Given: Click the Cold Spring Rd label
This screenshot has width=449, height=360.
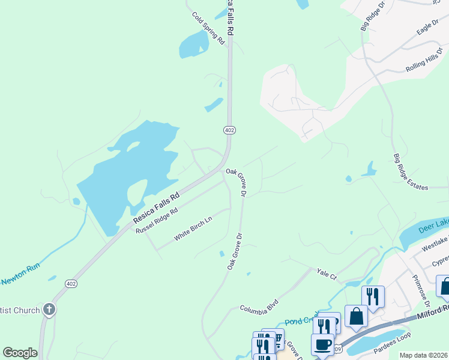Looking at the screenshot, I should tap(208, 28).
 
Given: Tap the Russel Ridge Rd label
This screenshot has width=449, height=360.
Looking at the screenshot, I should tap(157, 221).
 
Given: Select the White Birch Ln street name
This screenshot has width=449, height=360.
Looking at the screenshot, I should tap(193, 229).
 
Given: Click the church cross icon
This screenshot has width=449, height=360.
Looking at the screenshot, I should tap(49, 310).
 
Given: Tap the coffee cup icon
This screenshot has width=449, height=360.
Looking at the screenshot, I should tap(322, 344).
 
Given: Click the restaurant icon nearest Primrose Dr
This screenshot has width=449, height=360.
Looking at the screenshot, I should tap(372, 296).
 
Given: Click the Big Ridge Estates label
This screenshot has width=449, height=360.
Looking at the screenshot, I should tap(411, 172).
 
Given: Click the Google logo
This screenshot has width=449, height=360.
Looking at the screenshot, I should tap(20, 353).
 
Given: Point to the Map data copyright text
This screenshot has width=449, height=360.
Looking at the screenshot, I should tap(423, 355).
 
